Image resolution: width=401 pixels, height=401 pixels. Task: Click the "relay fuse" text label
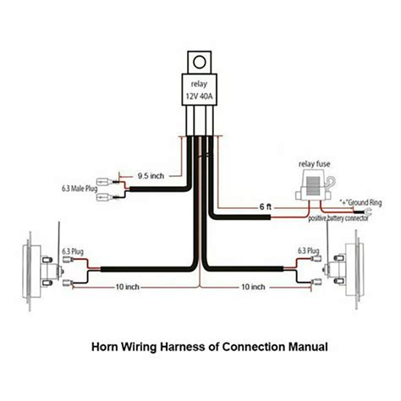point(314,164)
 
